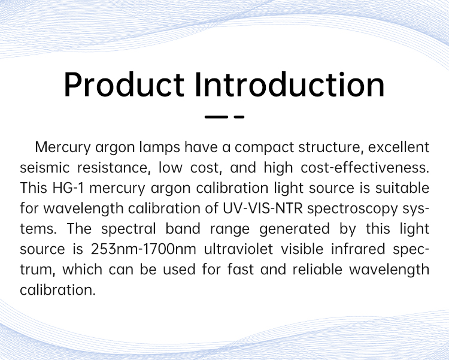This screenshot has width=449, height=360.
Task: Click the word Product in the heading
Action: pos(124,84)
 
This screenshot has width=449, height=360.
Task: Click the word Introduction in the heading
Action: pos(290,84)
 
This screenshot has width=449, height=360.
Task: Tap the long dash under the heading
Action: pos(217,117)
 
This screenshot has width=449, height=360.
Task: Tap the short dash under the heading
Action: pos(239,117)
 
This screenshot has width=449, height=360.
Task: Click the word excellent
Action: pos(399,147)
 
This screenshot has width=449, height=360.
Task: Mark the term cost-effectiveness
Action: pos(365,168)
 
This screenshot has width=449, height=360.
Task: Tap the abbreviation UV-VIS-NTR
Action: pos(263,208)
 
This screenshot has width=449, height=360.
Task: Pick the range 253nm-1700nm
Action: pos(144,249)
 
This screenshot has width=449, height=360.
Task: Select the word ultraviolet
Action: pos(238,249)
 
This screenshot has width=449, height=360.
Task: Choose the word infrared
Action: pos(358,249)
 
